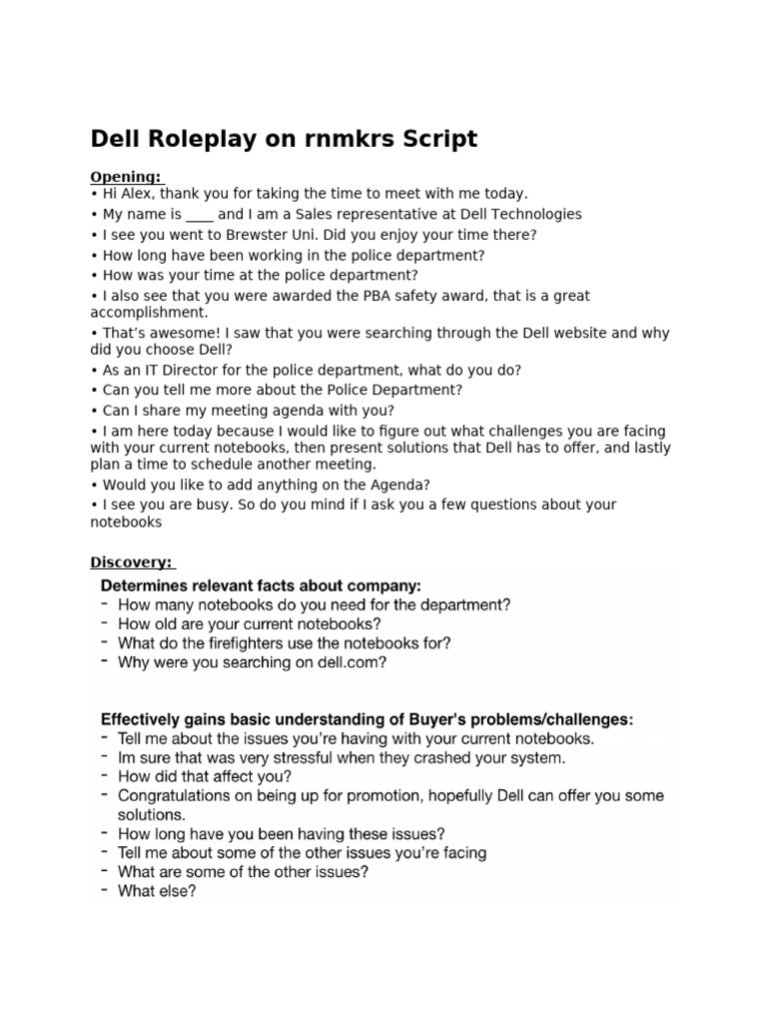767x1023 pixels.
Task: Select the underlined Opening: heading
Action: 126,177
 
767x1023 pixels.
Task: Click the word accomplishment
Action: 143,312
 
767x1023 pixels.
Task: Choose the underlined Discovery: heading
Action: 131,561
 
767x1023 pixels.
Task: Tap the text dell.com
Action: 349,661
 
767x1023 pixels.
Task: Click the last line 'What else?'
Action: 157,891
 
